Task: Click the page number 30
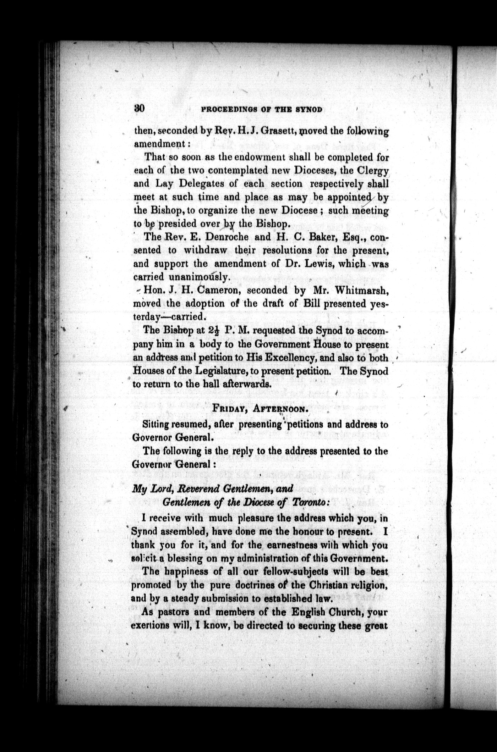pyautogui.click(x=139, y=109)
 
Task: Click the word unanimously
pyautogui.click(x=195, y=277)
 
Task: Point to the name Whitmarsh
pyautogui.click(x=361, y=290)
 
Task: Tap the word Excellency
pyautogui.click(x=288, y=358)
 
